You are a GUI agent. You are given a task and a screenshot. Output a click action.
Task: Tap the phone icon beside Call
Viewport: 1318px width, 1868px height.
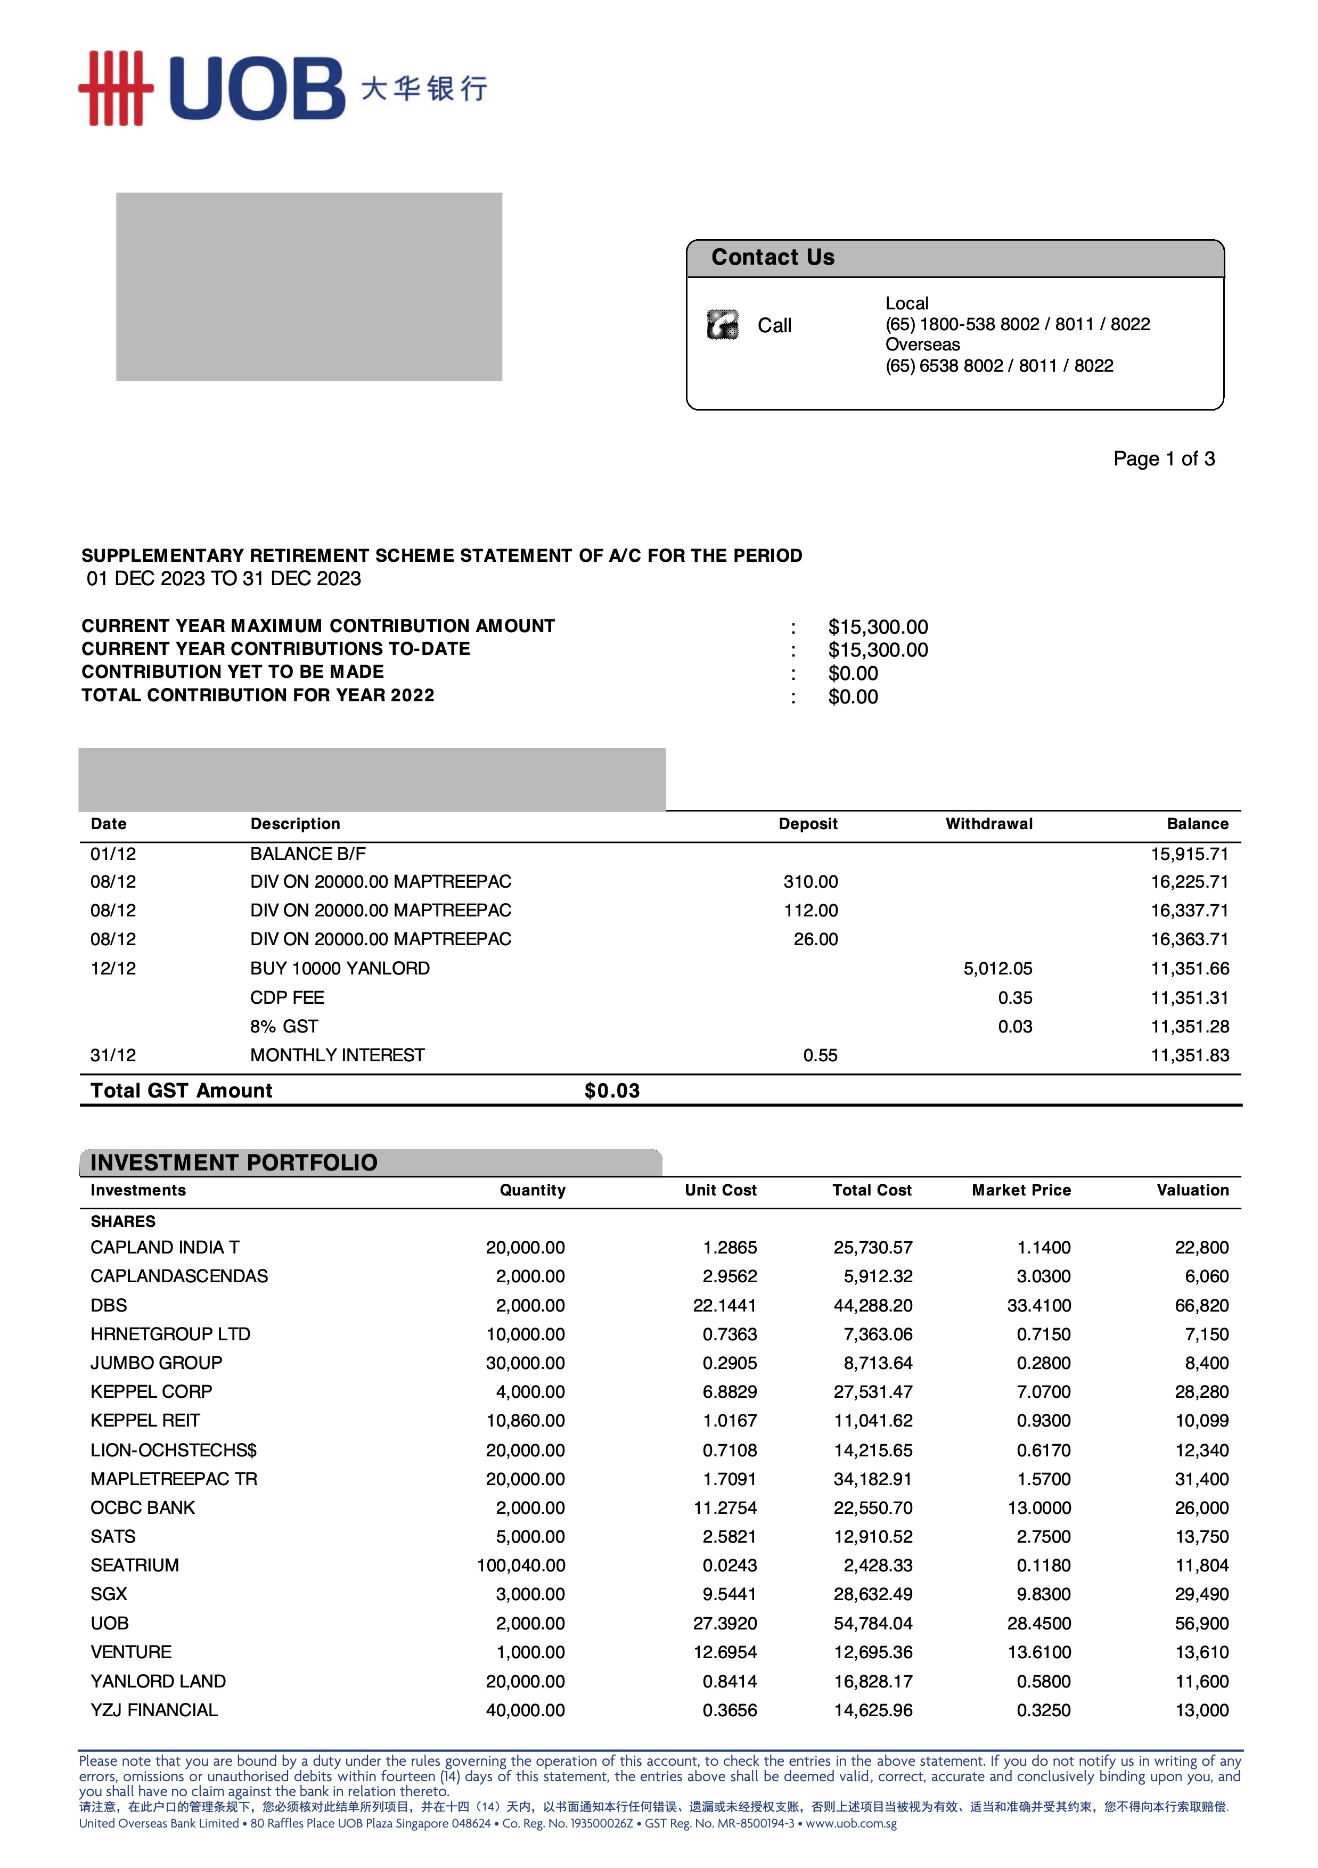click(x=723, y=325)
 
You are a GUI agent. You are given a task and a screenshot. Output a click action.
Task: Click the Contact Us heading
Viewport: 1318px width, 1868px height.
click(x=772, y=257)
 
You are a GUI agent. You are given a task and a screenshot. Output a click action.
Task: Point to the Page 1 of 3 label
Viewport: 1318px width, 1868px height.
click(x=1164, y=459)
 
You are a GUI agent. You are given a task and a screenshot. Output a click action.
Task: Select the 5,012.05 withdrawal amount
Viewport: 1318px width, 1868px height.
click(x=997, y=968)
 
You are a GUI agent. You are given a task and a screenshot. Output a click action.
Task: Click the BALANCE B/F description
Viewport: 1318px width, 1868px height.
click(x=308, y=854)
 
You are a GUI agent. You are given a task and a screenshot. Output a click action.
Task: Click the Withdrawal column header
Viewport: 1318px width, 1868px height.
click(x=988, y=823)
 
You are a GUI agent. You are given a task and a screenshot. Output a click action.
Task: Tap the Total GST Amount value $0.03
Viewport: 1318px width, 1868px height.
click(x=612, y=1090)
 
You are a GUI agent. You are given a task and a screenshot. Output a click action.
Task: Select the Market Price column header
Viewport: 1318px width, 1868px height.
click(x=1021, y=1190)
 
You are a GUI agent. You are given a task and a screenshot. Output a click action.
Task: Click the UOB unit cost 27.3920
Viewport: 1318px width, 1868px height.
click(x=724, y=1623)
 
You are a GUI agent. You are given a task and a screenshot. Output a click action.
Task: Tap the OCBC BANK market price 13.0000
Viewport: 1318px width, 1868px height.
click(x=1039, y=1507)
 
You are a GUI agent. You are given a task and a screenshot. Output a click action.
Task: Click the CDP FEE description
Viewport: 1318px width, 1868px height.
click(x=287, y=997)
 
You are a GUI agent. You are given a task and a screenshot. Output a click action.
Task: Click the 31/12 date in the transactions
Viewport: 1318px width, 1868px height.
click(x=113, y=1055)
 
